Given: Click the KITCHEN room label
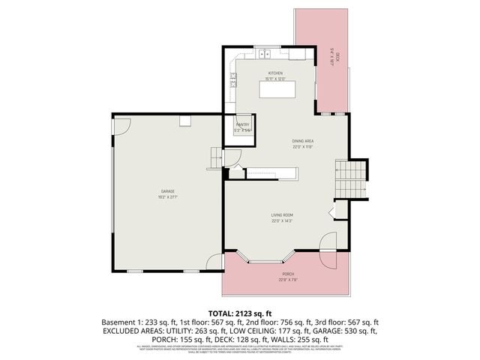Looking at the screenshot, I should point(275,73).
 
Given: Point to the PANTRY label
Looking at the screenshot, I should point(242,124).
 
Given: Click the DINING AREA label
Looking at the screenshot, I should point(302,141).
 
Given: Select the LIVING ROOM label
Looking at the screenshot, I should point(281,215).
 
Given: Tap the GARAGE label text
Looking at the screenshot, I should point(167,190).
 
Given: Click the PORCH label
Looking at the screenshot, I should point(287,275).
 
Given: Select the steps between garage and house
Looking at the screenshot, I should point(217,158).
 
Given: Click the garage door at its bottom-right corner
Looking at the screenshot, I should point(215,262).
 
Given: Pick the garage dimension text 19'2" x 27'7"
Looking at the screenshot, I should point(167,196).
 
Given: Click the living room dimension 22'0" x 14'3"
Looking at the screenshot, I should point(281,221).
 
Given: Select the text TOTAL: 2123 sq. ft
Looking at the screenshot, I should point(239,312).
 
